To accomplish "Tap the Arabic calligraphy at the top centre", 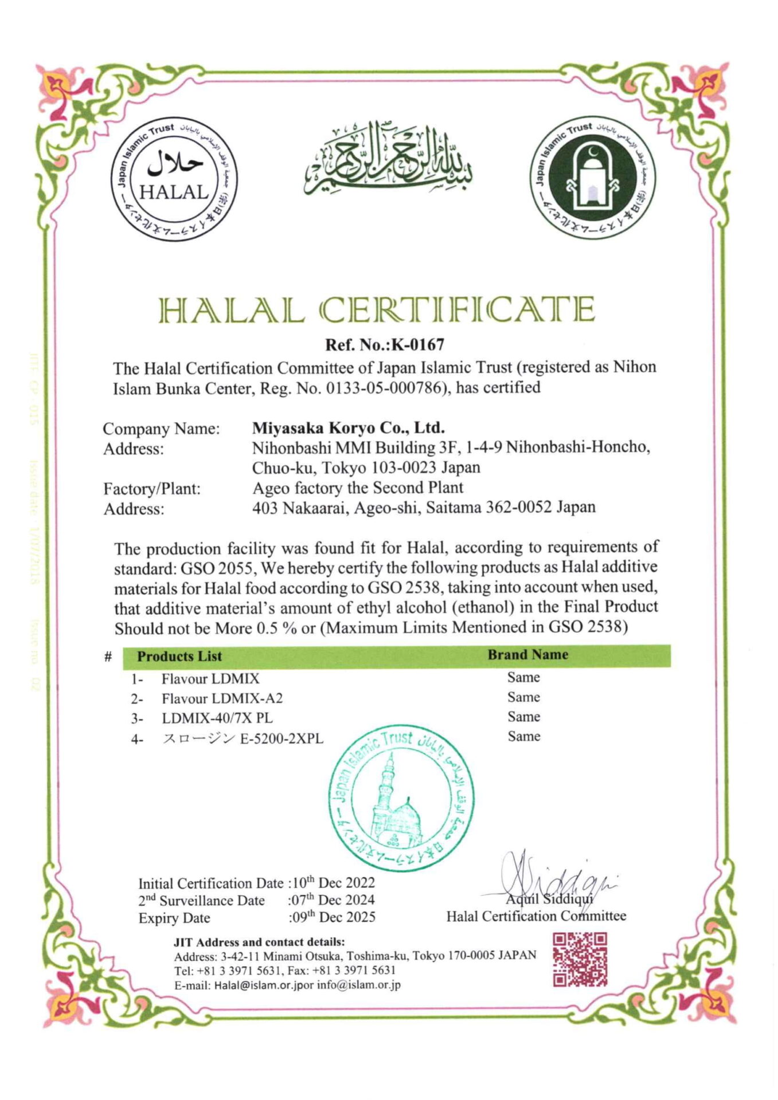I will (388, 158).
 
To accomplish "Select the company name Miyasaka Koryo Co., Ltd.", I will (349, 428).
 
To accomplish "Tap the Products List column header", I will (179, 656).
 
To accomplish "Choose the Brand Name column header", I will (527, 655).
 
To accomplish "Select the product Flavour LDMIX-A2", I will (222, 698).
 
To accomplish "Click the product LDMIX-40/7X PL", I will (217, 718).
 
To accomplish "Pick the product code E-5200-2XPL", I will (282, 738).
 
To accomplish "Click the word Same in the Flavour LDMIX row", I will (523, 677).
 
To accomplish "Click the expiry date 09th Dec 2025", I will (333, 917).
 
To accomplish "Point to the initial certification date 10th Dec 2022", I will (333, 882).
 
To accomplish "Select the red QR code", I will (579, 960).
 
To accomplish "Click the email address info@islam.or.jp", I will (359, 985).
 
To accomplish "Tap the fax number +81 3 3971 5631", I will (356, 970).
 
